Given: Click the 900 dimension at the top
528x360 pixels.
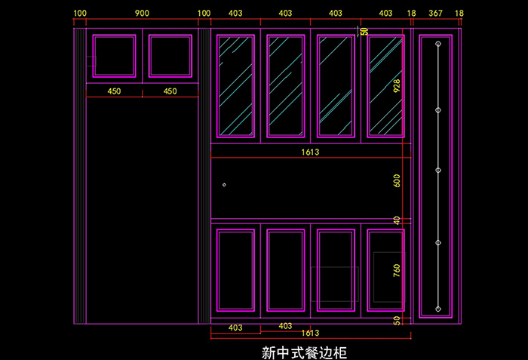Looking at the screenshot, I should tap(141, 14).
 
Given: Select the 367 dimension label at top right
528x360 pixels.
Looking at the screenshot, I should tap(436, 14).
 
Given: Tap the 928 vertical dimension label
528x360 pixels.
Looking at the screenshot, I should tap(397, 86).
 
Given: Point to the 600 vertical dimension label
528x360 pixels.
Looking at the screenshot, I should tap(397, 182).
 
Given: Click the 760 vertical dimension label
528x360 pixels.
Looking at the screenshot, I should tap(397, 270).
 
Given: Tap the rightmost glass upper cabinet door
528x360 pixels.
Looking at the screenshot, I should tap(385, 86).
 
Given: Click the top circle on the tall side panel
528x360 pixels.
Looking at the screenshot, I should tap(437, 45).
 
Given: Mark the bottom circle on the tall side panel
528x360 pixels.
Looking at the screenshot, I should tap(437, 308).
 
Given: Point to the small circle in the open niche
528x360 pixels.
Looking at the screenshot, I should tap(224, 184).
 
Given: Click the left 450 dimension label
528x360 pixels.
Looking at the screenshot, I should tap(114, 91).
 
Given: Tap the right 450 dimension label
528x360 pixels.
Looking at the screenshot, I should tap(170, 91).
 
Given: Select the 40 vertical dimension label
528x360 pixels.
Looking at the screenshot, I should tap(397, 220).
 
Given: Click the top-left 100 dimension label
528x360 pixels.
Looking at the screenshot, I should tap(80, 14).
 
